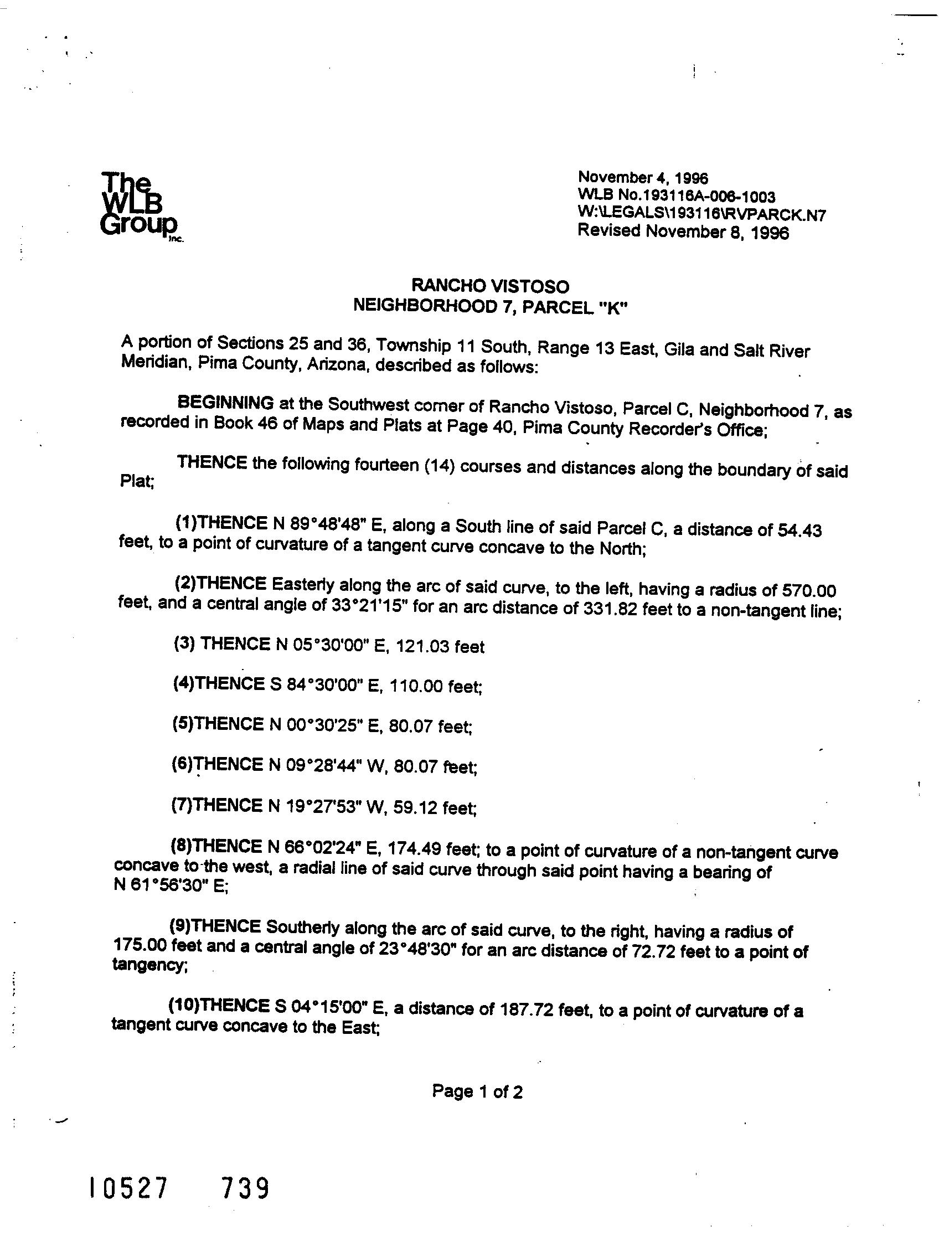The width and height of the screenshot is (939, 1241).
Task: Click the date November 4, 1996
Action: [x=643, y=178]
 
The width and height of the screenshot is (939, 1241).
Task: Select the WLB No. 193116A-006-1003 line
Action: [x=677, y=197]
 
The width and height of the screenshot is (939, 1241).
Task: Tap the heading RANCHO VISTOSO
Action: [x=490, y=286]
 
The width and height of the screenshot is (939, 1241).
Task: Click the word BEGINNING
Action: [x=225, y=403]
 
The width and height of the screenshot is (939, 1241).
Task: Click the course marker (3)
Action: [x=184, y=643]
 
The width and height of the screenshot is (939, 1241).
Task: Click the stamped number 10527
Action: [x=128, y=1188]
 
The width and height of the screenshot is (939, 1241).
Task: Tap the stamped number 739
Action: [x=245, y=1188]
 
